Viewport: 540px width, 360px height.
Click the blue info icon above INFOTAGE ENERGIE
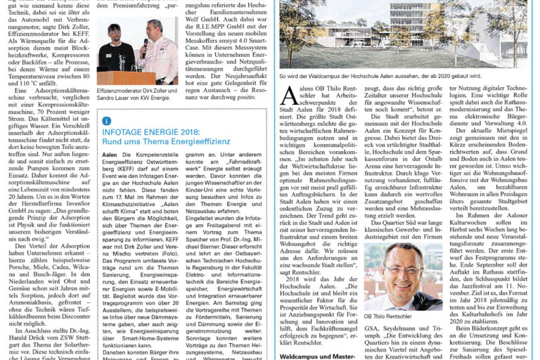[x=107, y=121]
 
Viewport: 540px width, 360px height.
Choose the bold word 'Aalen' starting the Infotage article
[x=109, y=154]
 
